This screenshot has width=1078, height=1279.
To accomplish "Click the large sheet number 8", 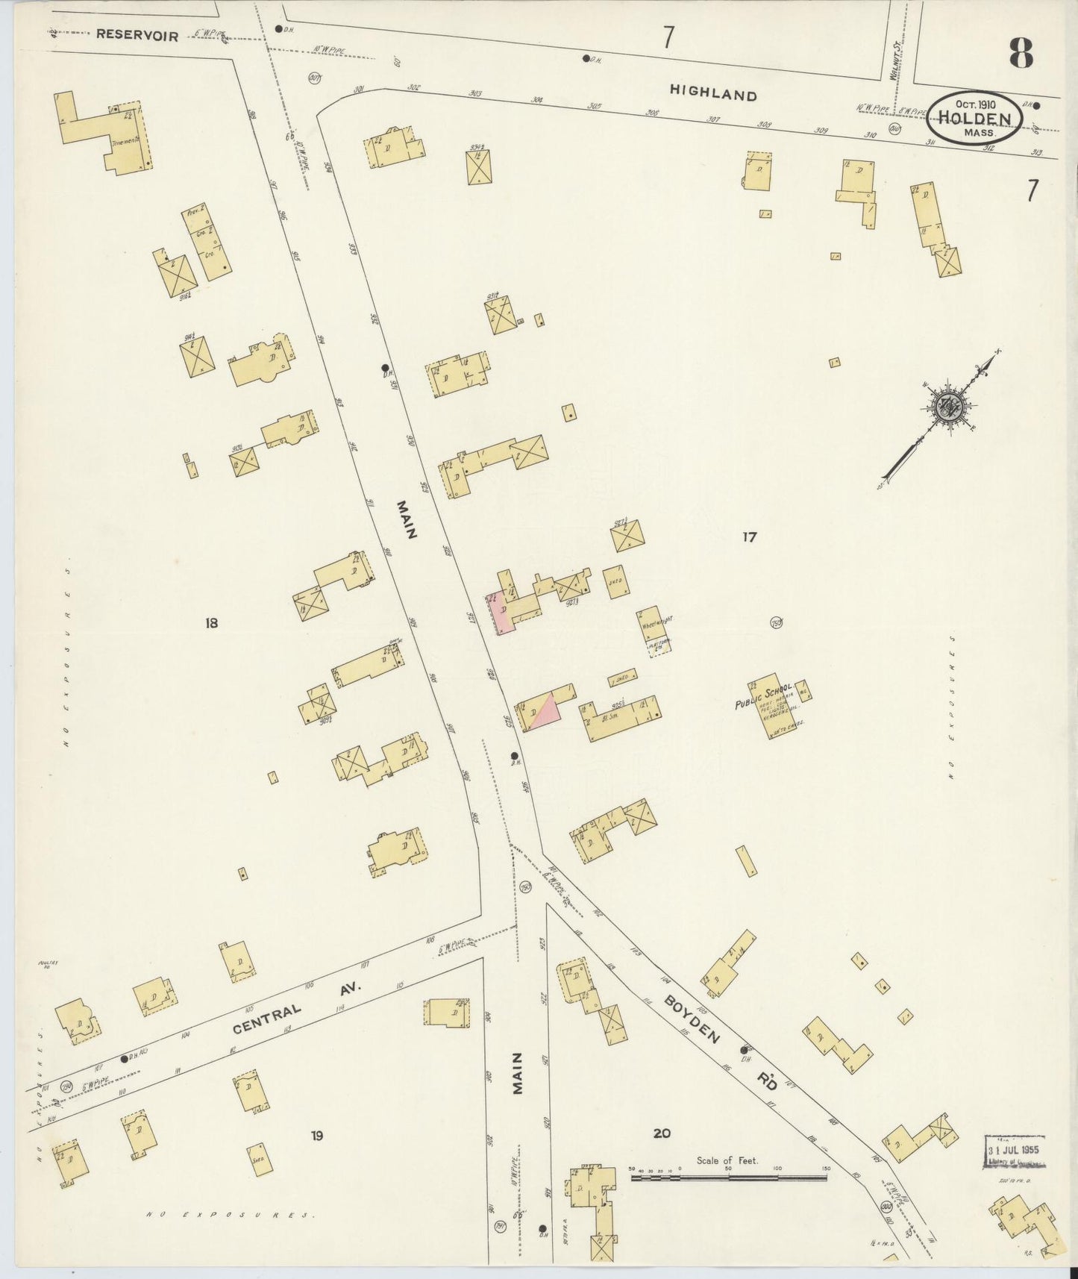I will click(1020, 53).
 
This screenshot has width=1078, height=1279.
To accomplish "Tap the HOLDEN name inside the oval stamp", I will click(974, 119).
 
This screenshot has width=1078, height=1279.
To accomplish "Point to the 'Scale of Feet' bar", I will click(730, 1178).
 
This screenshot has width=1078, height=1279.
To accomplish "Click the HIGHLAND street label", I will click(712, 94).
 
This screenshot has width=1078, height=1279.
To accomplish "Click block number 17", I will click(749, 537).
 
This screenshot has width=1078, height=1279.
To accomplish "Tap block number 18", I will click(211, 622).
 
